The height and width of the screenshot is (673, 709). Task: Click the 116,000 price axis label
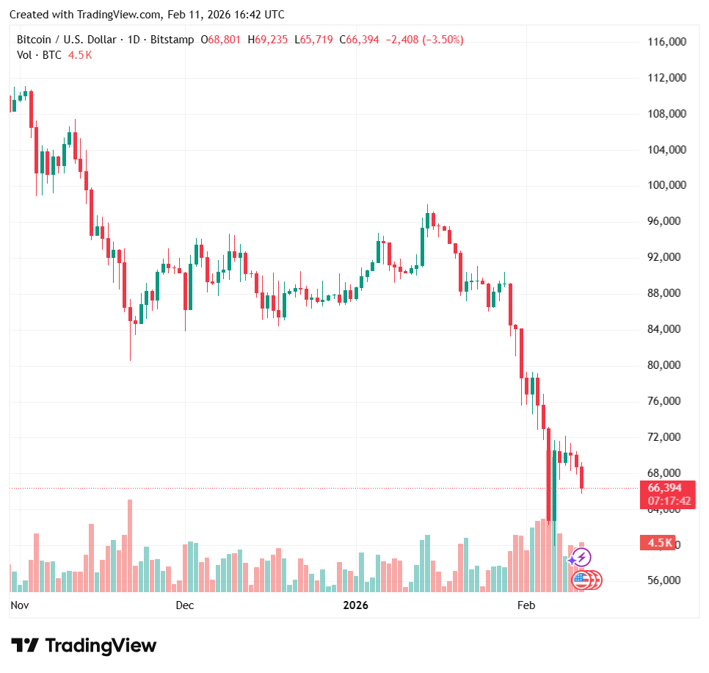pos(667,43)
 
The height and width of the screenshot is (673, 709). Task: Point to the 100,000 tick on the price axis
pos(667,185)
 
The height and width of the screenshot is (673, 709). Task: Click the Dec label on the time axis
pos(185,605)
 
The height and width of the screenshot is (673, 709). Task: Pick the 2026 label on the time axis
pos(356,605)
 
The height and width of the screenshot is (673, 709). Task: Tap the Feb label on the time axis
pos(526,605)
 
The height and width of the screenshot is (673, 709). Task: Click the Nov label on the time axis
pos(20,605)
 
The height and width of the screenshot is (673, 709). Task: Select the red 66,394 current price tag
pos(664,488)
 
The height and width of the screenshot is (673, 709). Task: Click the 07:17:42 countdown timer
pos(669,501)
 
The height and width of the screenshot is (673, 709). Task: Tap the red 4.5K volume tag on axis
pos(660,543)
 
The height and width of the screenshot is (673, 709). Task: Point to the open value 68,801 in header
pos(225,40)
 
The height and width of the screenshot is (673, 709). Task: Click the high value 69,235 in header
pos(272,40)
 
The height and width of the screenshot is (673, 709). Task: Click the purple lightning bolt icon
pos(583,558)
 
